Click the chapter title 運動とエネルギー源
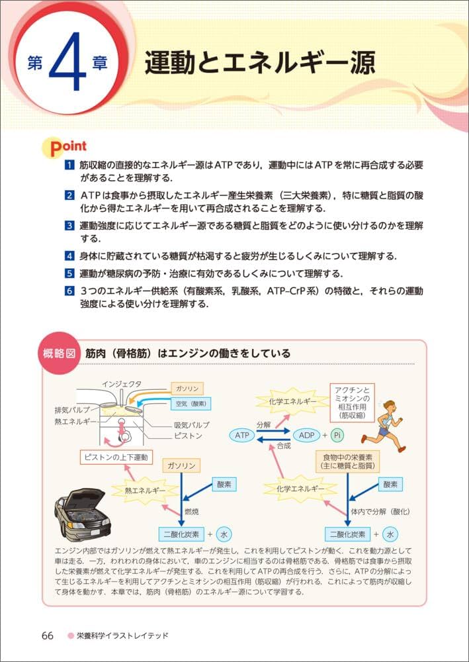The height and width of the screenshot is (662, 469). point(260,64)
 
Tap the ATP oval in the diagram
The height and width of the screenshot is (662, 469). point(242,435)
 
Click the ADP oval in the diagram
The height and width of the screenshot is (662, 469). point(306,435)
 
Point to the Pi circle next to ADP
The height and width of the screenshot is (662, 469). point(337,435)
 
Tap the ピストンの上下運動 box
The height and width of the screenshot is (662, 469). point(116,457)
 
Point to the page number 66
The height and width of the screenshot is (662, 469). point(47,636)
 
